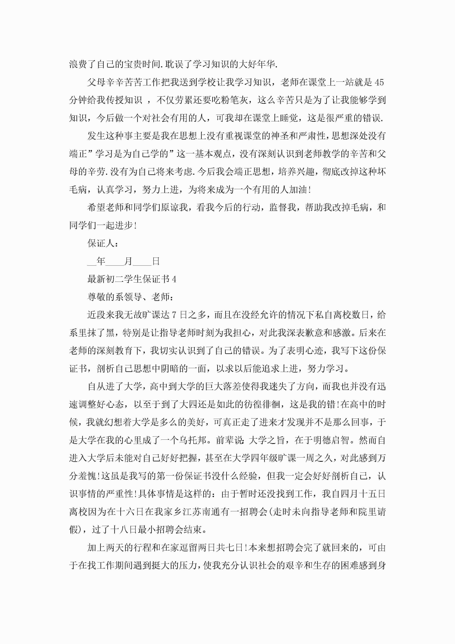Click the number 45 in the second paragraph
(379, 82)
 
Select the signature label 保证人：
(103, 243)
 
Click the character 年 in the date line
(101, 261)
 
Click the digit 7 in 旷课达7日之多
(174, 315)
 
